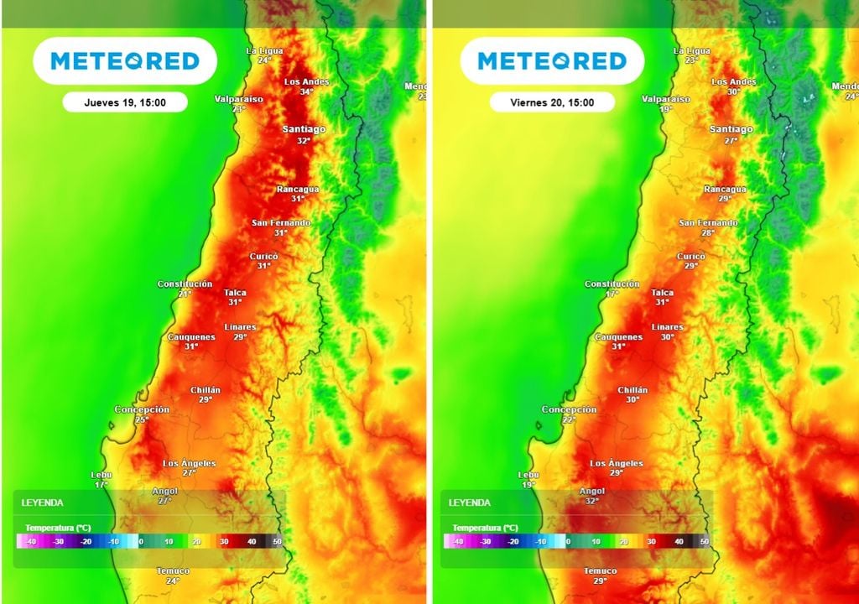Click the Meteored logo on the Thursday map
pyautogui.click(x=125, y=61)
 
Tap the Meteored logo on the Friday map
pyautogui.click(x=552, y=61)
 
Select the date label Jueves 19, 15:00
pyautogui.click(x=125, y=102)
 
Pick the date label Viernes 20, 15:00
pyautogui.click(x=552, y=102)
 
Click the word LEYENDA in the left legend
pyautogui.click(x=42, y=502)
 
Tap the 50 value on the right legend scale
pyautogui.click(x=704, y=542)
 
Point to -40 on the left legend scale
pyautogui.click(x=31, y=542)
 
